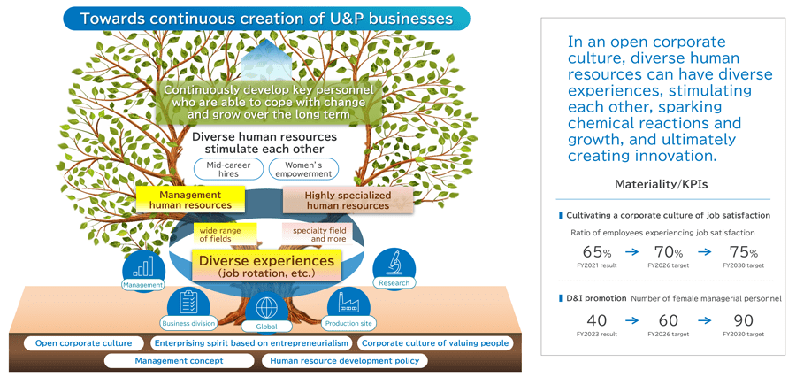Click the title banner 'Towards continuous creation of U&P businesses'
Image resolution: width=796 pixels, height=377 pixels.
pyautogui.click(x=266, y=18)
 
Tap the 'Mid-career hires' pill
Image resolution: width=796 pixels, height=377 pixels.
pyautogui.click(x=228, y=168)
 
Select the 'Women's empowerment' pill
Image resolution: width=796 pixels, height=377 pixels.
pyautogui.click(x=302, y=168)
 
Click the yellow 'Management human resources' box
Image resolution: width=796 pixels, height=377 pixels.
pyautogui.click(x=189, y=199)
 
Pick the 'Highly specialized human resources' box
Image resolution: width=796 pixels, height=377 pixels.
pyautogui.click(x=346, y=200)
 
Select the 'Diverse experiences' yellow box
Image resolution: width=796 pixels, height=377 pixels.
pyautogui.click(x=266, y=265)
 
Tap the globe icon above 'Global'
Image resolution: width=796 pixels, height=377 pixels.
pyautogui.click(x=266, y=308)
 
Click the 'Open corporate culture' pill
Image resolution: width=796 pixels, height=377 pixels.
pyautogui.click(x=83, y=343)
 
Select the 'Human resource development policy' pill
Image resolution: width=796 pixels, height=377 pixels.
pyautogui.click(x=346, y=361)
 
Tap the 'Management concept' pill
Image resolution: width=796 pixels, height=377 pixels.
pyautogui.click(x=179, y=361)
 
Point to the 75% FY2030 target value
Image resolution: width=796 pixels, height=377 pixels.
pyautogui.click(x=741, y=252)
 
